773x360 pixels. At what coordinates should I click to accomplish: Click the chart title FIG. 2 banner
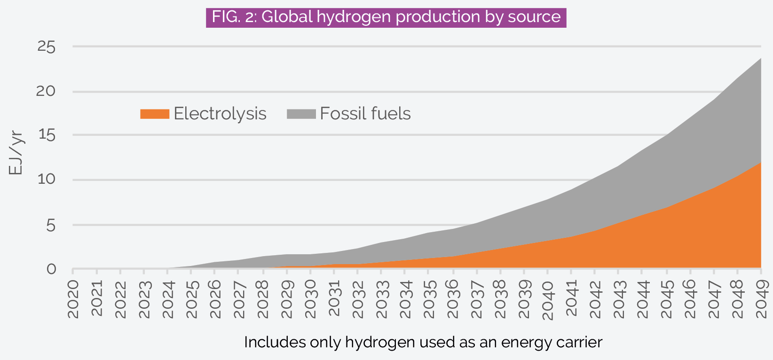click(386, 17)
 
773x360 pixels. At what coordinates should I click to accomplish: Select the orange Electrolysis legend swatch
click(154, 114)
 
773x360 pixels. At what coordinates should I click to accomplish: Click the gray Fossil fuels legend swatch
click(301, 114)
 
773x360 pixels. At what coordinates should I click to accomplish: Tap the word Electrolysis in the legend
click(220, 114)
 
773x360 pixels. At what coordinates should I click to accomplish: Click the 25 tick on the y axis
click(46, 47)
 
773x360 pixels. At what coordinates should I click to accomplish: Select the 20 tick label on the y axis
click(46, 91)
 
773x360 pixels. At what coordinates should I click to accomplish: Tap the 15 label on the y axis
click(46, 135)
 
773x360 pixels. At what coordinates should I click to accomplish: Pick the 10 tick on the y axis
click(46, 180)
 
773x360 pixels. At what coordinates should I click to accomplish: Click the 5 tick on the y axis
click(50, 225)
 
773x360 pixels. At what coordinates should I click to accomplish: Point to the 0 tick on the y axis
click(51, 269)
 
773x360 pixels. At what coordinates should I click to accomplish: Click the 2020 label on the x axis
click(73, 299)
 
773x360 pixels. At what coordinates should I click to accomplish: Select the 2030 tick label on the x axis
click(310, 299)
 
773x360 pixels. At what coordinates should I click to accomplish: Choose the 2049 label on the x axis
click(761, 299)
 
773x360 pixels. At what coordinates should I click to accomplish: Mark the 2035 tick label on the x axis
click(429, 299)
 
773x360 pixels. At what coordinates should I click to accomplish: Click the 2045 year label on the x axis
click(666, 299)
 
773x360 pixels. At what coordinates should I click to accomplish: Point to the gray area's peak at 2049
click(760, 59)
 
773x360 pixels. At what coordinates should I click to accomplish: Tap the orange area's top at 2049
click(760, 163)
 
